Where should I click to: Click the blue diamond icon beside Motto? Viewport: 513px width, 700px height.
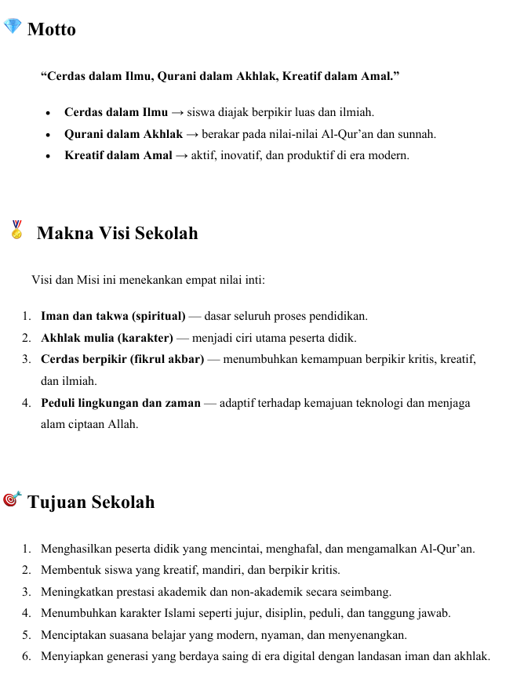click(x=13, y=27)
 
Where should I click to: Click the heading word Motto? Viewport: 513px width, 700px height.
click(x=52, y=30)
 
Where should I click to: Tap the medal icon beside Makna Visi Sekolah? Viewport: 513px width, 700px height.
click(x=17, y=230)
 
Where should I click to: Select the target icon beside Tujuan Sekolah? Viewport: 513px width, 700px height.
click(x=13, y=499)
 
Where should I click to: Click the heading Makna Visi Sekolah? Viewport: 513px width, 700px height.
click(x=117, y=234)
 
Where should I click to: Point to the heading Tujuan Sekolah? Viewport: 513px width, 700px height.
click(x=91, y=502)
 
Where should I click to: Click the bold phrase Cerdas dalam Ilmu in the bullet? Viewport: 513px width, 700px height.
click(x=116, y=112)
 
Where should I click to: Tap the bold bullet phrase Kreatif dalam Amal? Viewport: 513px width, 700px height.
click(x=118, y=155)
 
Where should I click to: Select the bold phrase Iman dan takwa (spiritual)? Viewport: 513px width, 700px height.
click(x=113, y=317)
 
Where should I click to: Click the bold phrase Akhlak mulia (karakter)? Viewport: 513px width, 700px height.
click(x=107, y=339)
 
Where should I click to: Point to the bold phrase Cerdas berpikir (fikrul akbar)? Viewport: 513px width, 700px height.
click(x=122, y=360)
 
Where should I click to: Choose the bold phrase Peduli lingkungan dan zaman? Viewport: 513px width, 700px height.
click(x=121, y=403)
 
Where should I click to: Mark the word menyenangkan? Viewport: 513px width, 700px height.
click(x=369, y=635)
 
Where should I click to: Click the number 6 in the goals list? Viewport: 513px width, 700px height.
click(x=27, y=656)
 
